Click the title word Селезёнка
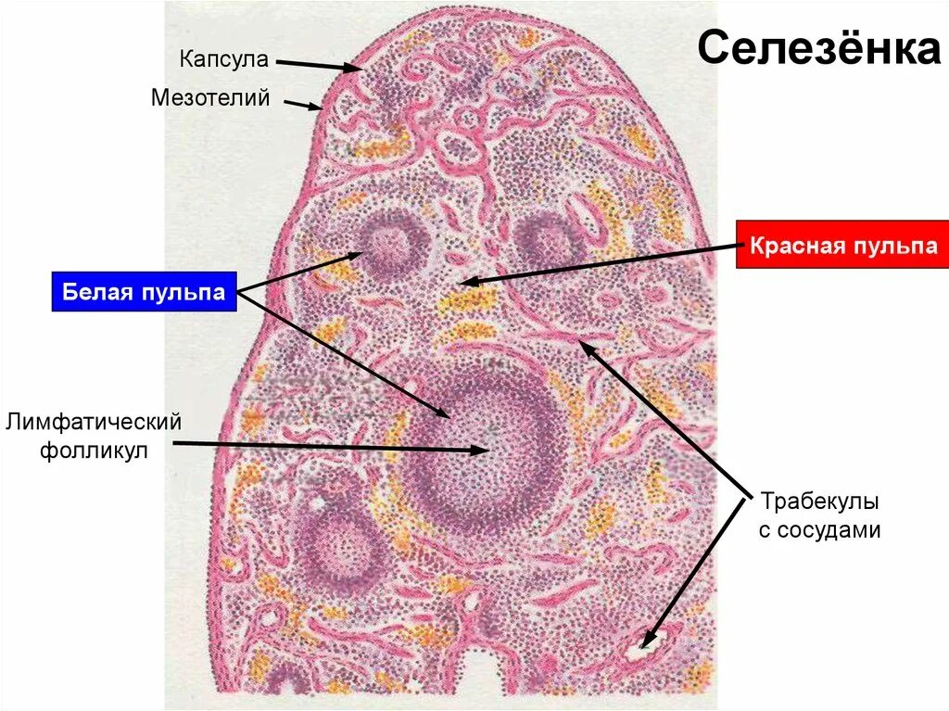pos(818,49)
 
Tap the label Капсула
pos(223,60)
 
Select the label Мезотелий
pos(210,96)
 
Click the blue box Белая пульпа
pos(144,293)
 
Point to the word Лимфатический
pos(93,423)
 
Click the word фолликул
pos(93,452)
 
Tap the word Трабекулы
pos(818,502)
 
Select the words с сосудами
pos(818,531)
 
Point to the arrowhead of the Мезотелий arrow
pos(321,108)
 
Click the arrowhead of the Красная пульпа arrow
pos(463,281)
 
